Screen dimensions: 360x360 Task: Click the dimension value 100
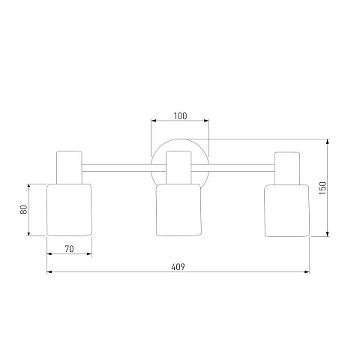coord(180,116)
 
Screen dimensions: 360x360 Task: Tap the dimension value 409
coord(178,267)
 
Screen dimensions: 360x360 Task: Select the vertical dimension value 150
coord(322,188)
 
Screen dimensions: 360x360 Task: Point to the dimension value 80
coord(23,209)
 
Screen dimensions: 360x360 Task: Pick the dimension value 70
coord(69,249)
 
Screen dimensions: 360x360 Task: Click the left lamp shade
coord(69,210)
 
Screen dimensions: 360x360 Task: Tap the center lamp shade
coord(178,210)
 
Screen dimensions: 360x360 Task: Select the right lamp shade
coord(286,211)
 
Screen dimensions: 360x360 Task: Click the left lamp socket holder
coord(69,167)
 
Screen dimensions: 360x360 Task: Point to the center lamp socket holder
coord(178,167)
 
